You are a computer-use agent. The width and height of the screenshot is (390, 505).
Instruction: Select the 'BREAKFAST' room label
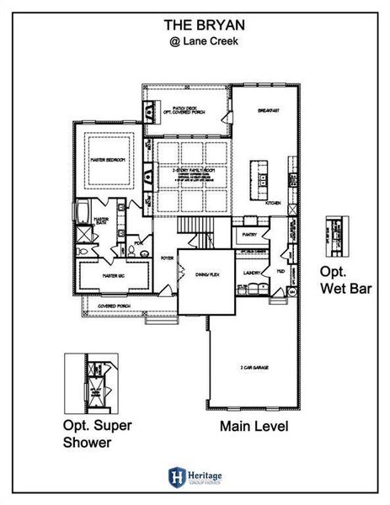(x=269, y=110)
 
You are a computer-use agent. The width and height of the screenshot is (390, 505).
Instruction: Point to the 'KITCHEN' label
(x=273, y=203)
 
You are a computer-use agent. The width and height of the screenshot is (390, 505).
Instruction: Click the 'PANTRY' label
(x=249, y=235)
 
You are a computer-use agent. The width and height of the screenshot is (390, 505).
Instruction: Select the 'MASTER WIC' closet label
(x=108, y=275)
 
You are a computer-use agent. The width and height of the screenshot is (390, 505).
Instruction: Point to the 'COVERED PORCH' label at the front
(x=113, y=306)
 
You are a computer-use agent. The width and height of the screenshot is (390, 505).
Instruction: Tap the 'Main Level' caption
(x=254, y=427)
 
